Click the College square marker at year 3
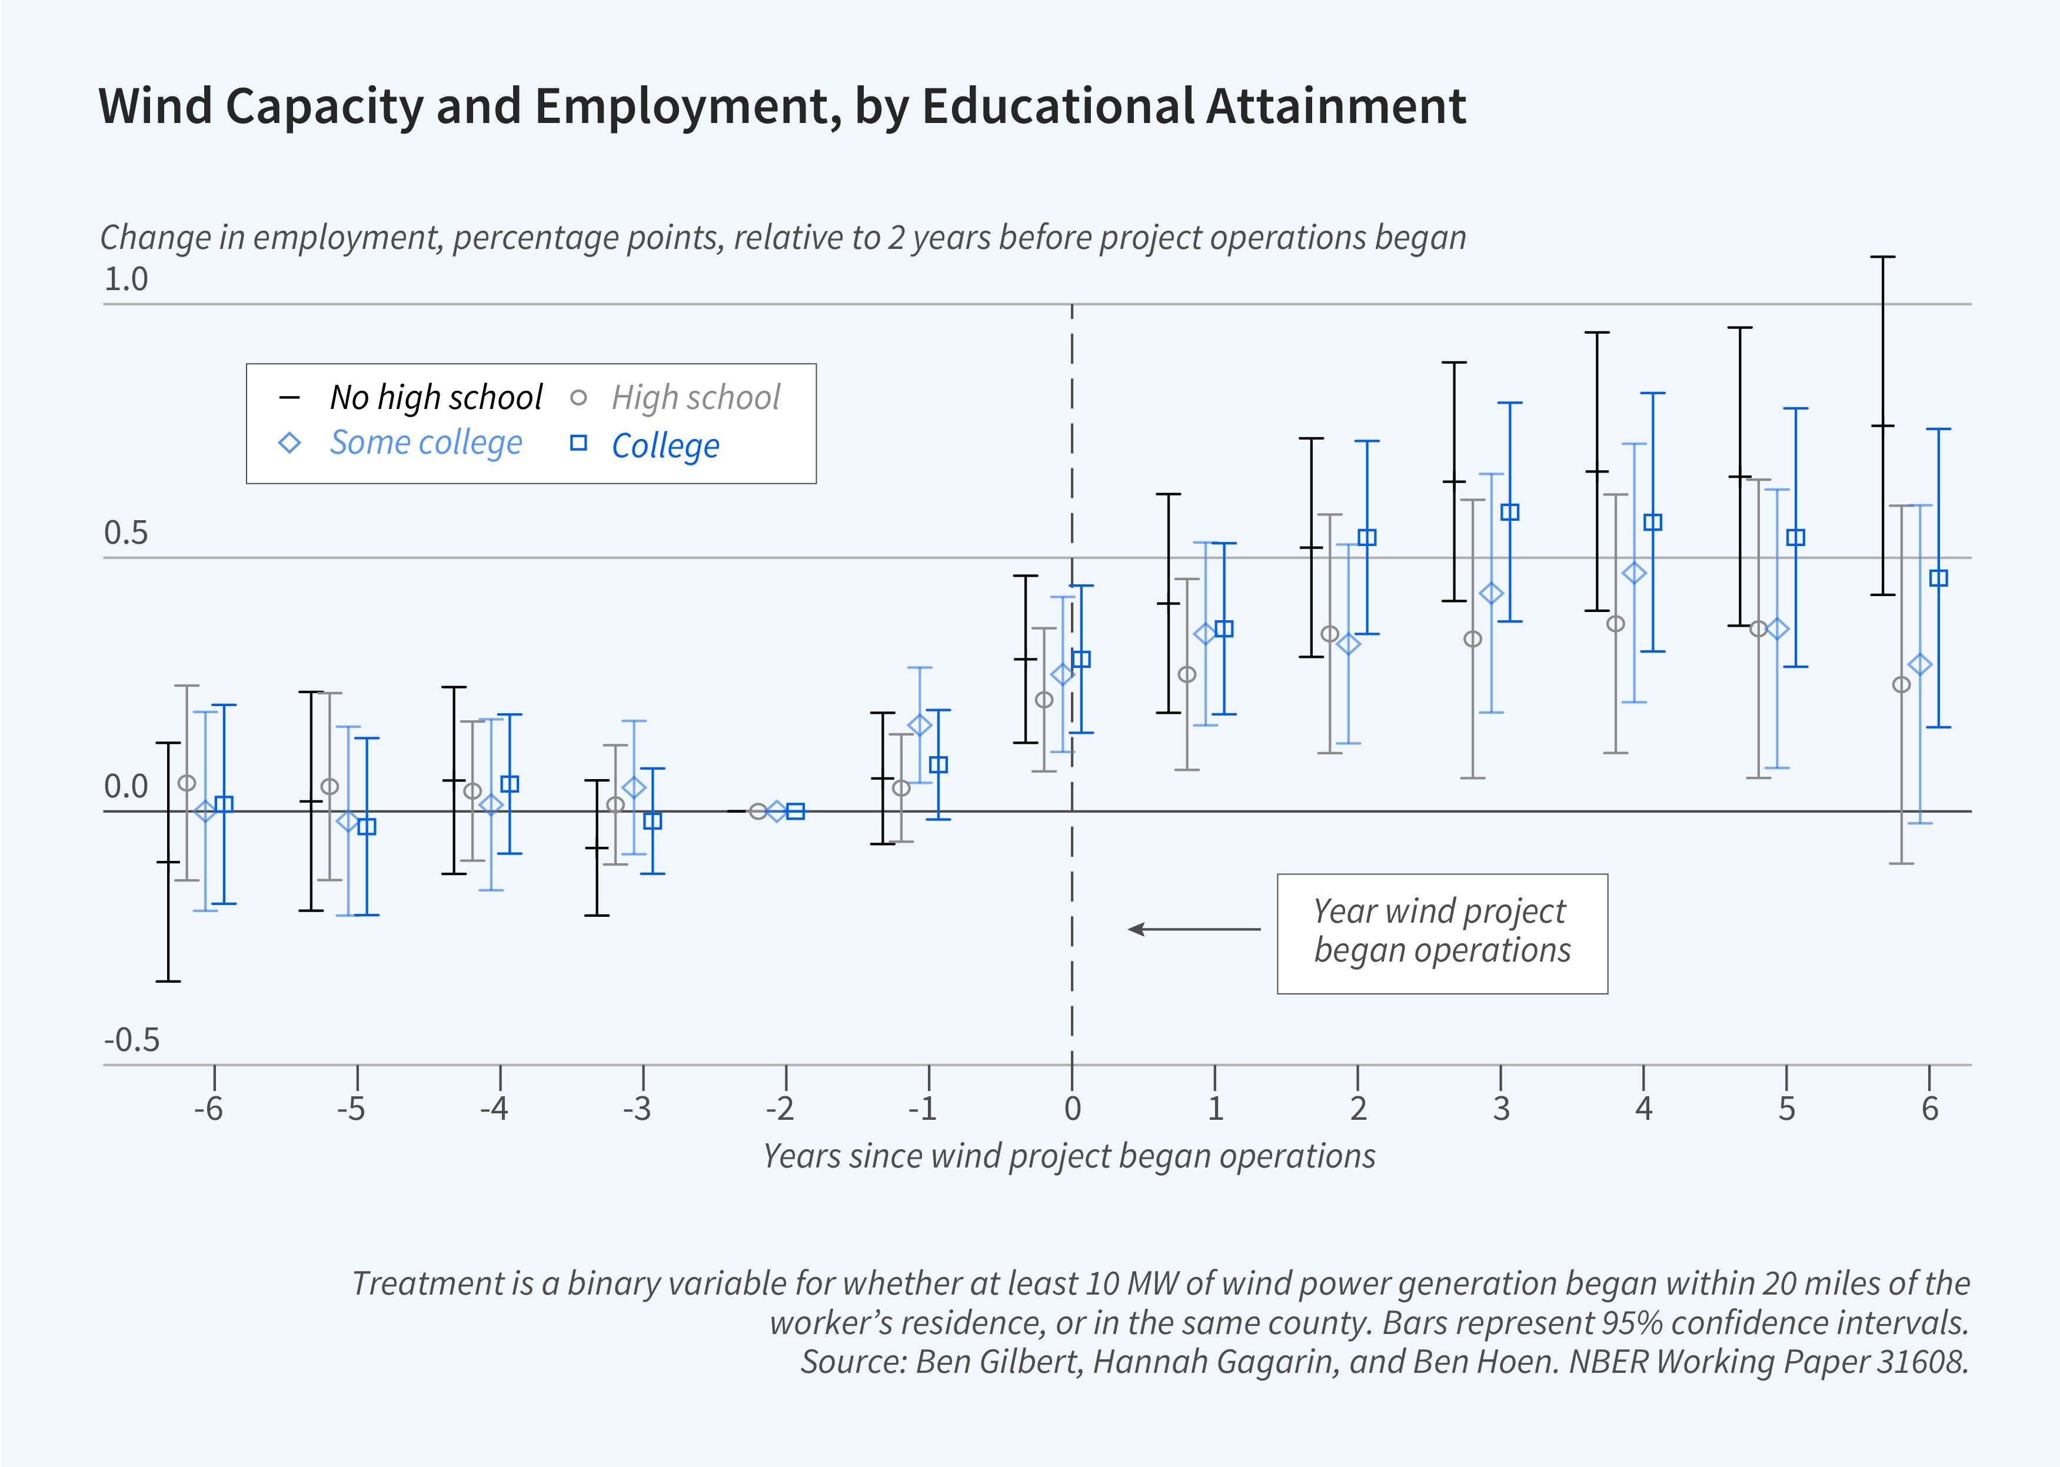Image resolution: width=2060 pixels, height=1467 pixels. point(1509,512)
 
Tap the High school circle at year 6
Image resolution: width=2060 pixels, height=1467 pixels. point(1901,685)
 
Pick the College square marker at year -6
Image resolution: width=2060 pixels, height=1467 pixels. point(224,804)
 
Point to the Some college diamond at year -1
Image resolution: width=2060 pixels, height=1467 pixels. point(919,726)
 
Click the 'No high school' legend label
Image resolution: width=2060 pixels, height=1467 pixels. point(435,397)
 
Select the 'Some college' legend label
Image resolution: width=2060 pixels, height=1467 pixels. point(425,443)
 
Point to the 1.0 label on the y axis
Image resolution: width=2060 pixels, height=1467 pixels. point(125,279)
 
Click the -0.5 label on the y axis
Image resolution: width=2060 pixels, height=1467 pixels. point(132,1040)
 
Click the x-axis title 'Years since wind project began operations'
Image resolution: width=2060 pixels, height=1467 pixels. point(1069,1156)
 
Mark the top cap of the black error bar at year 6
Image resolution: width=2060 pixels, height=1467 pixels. point(1882,258)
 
